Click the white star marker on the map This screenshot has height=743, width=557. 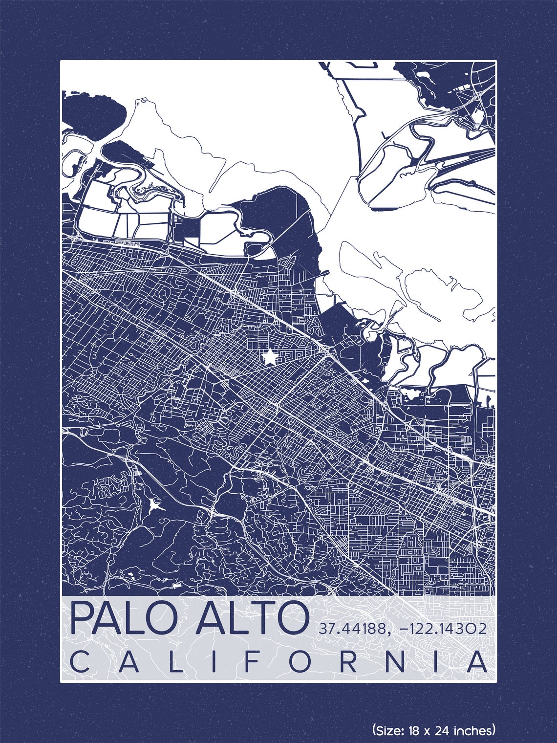[269, 358]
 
